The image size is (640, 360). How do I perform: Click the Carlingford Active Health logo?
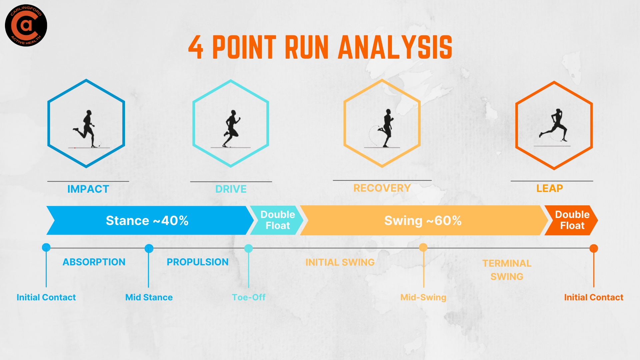pos(26,25)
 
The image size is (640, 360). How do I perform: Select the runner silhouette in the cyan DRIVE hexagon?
pos(231,129)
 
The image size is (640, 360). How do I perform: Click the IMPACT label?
pos(88,189)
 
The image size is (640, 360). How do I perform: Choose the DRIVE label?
pos(231,189)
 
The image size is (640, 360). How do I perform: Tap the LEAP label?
pos(549,188)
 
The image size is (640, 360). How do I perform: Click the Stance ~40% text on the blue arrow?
pos(147,221)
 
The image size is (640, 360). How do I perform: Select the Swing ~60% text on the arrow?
pos(423,221)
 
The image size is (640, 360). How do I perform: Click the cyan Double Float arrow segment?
pos(277,220)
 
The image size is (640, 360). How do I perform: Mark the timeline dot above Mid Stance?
pos(149,248)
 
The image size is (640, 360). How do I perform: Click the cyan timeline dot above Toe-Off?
pos(248,248)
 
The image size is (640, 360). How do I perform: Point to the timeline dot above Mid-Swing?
pos(423,247)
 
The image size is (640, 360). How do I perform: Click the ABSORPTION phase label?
pos(94,262)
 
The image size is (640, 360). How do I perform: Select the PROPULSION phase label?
pos(197,262)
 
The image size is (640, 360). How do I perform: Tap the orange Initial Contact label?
pos(593,297)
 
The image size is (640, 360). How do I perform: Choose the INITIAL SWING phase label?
pos(340,262)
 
